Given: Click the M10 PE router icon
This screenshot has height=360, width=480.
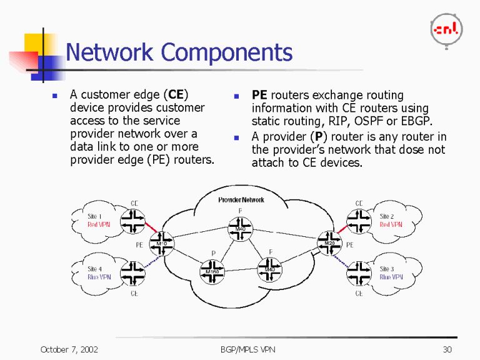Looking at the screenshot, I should coord(161,243).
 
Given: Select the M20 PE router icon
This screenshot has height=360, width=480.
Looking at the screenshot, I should coord(330,242).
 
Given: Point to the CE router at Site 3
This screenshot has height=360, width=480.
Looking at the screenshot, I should coord(359,272).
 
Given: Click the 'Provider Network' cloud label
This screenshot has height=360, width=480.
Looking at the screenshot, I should coord(241,200).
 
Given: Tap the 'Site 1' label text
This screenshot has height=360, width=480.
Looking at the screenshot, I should coord(94,216).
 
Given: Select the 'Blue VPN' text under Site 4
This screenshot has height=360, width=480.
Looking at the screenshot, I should coord(99,277).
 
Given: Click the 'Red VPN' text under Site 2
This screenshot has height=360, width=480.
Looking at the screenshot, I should coord(391,224).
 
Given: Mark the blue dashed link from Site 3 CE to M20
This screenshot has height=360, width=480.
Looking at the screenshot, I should coord(344,260).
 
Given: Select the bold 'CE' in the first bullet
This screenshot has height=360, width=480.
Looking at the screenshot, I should coord(176,95).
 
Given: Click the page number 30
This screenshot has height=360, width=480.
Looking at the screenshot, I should coord(447,349).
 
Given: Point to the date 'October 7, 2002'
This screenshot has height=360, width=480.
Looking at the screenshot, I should coord(69,349).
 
